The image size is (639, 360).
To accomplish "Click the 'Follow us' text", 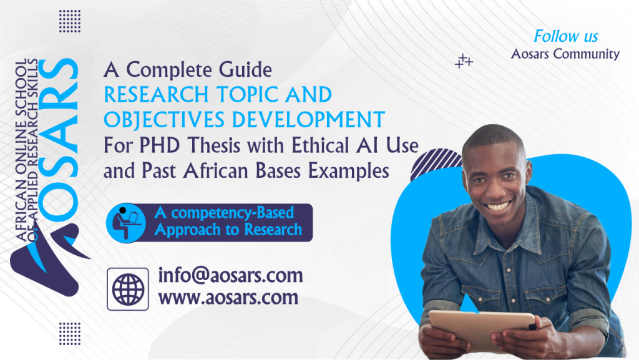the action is click(565, 36).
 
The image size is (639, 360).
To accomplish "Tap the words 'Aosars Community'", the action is click(565, 54).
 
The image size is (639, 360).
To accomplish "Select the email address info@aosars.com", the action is click(230, 275).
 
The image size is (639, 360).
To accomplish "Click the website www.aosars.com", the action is click(228, 297).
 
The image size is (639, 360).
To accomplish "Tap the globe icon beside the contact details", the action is click(128, 289).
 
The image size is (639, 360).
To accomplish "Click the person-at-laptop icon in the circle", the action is click(126, 223).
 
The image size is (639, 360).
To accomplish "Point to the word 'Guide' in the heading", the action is click(245, 69).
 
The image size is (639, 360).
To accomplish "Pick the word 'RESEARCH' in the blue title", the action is click(156, 94).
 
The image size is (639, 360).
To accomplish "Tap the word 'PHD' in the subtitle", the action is click(160, 145).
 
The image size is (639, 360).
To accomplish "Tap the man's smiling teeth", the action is click(499, 206).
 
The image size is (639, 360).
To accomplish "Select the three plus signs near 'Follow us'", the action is click(464, 61).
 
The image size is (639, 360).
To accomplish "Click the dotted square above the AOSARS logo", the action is click(70, 21).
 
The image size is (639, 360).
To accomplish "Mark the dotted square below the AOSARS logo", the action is click(70, 334).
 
